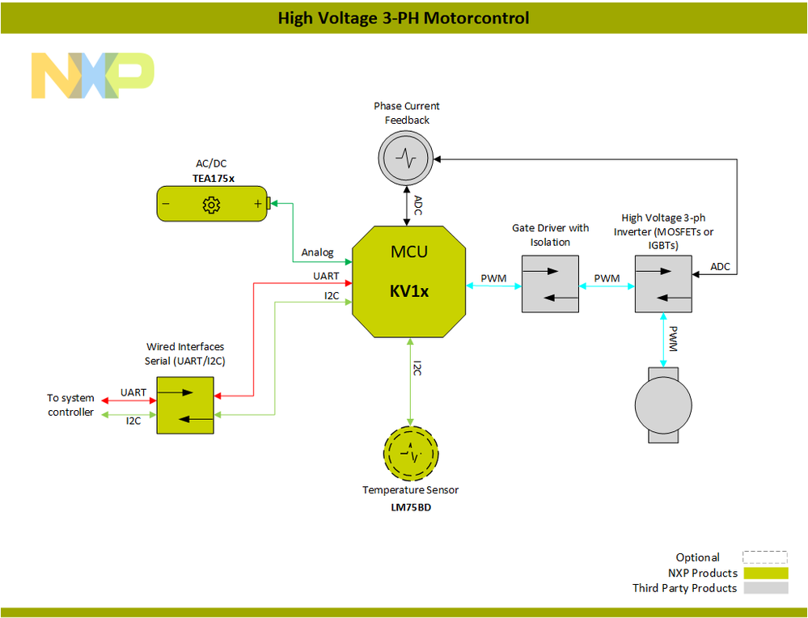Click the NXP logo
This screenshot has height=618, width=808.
[x=92, y=75]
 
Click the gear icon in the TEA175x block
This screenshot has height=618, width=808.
[x=211, y=205]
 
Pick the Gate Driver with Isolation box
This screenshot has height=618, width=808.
[x=550, y=284]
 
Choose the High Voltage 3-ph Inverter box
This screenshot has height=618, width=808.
[x=662, y=284]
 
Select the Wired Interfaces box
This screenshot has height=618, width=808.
[x=184, y=404]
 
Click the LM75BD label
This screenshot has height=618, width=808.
[x=410, y=507]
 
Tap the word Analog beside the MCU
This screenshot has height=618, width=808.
[x=317, y=252]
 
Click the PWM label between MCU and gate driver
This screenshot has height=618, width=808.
[x=493, y=278]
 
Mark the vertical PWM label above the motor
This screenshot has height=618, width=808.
[x=674, y=338]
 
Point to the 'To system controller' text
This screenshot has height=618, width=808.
[x=70, y=405]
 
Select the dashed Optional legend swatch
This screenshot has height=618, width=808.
[x=765, y=557]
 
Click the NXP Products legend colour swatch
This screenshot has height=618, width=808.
[x=765, y=573]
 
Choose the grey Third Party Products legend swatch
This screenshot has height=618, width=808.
[x=765, y=588]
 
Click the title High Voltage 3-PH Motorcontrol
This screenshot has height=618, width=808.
[x=404, y=17]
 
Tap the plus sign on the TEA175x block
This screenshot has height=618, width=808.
[x=258, y=205]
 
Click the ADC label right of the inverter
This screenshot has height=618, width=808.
[x=720, y=266]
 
